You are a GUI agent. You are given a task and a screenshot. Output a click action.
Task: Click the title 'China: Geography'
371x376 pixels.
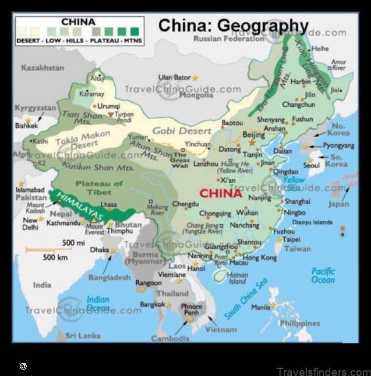(234, 26)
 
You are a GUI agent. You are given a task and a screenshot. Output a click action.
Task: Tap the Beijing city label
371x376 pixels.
(253, 135)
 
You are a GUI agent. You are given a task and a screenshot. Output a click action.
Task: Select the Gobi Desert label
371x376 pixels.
(182, 131)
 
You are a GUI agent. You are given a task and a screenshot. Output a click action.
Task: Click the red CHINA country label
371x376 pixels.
(220, 193)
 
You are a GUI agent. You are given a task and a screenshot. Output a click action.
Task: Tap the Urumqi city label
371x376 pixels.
(108, 106)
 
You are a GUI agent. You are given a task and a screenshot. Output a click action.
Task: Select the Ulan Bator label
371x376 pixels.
(174, 77)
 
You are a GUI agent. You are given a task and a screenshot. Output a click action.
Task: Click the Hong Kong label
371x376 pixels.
(260, 257)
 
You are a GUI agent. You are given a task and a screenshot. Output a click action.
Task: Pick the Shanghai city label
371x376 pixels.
(293, 201)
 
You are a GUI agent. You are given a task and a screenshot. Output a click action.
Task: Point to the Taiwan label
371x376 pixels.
(297, 249)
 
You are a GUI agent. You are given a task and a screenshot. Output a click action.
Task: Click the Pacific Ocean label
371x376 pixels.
(323, 275)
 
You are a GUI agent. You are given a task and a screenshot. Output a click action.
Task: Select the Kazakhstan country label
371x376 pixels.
(43, 68)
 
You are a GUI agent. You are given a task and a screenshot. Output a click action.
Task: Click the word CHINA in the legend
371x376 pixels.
(77, 22)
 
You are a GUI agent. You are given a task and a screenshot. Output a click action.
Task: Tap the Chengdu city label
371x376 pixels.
(185, 204)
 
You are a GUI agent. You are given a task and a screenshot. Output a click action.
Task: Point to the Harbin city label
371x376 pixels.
(301, 82)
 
